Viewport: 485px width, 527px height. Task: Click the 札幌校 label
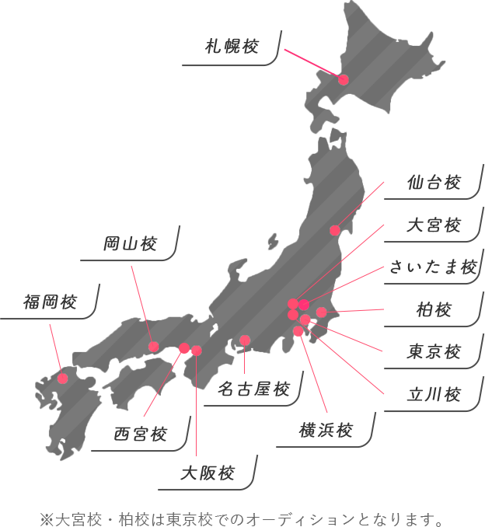tap(232, 47)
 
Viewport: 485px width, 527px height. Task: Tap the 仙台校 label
tap(434, 183)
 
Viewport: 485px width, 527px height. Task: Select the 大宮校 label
tap(434, 225)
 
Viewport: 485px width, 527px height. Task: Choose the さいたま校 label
tap(433, 267)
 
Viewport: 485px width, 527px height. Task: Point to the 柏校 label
tap(434, 310)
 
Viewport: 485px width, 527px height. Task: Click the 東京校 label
tap(434, 352)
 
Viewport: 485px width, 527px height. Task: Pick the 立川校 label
tap(434, 394)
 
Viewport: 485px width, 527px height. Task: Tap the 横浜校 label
tap(326, 430)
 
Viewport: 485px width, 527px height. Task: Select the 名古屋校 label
tap(253, 388)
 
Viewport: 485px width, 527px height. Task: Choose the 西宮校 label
tap(140, 434)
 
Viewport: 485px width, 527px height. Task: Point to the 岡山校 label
tap(130, 245)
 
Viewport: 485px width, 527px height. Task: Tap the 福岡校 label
tap(50, 302)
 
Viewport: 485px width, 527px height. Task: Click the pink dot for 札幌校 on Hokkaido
tap(344, 79)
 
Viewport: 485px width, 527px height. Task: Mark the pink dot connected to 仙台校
tap(334, 230)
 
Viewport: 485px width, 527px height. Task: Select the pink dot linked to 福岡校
tap(63, 379)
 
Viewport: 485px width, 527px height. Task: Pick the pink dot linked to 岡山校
tap(154, 346)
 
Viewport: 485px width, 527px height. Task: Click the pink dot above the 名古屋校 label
tap(245, 340)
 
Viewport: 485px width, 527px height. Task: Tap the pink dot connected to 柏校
tap(321, 312)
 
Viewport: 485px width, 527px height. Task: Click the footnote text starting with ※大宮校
tap(242, 518)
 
